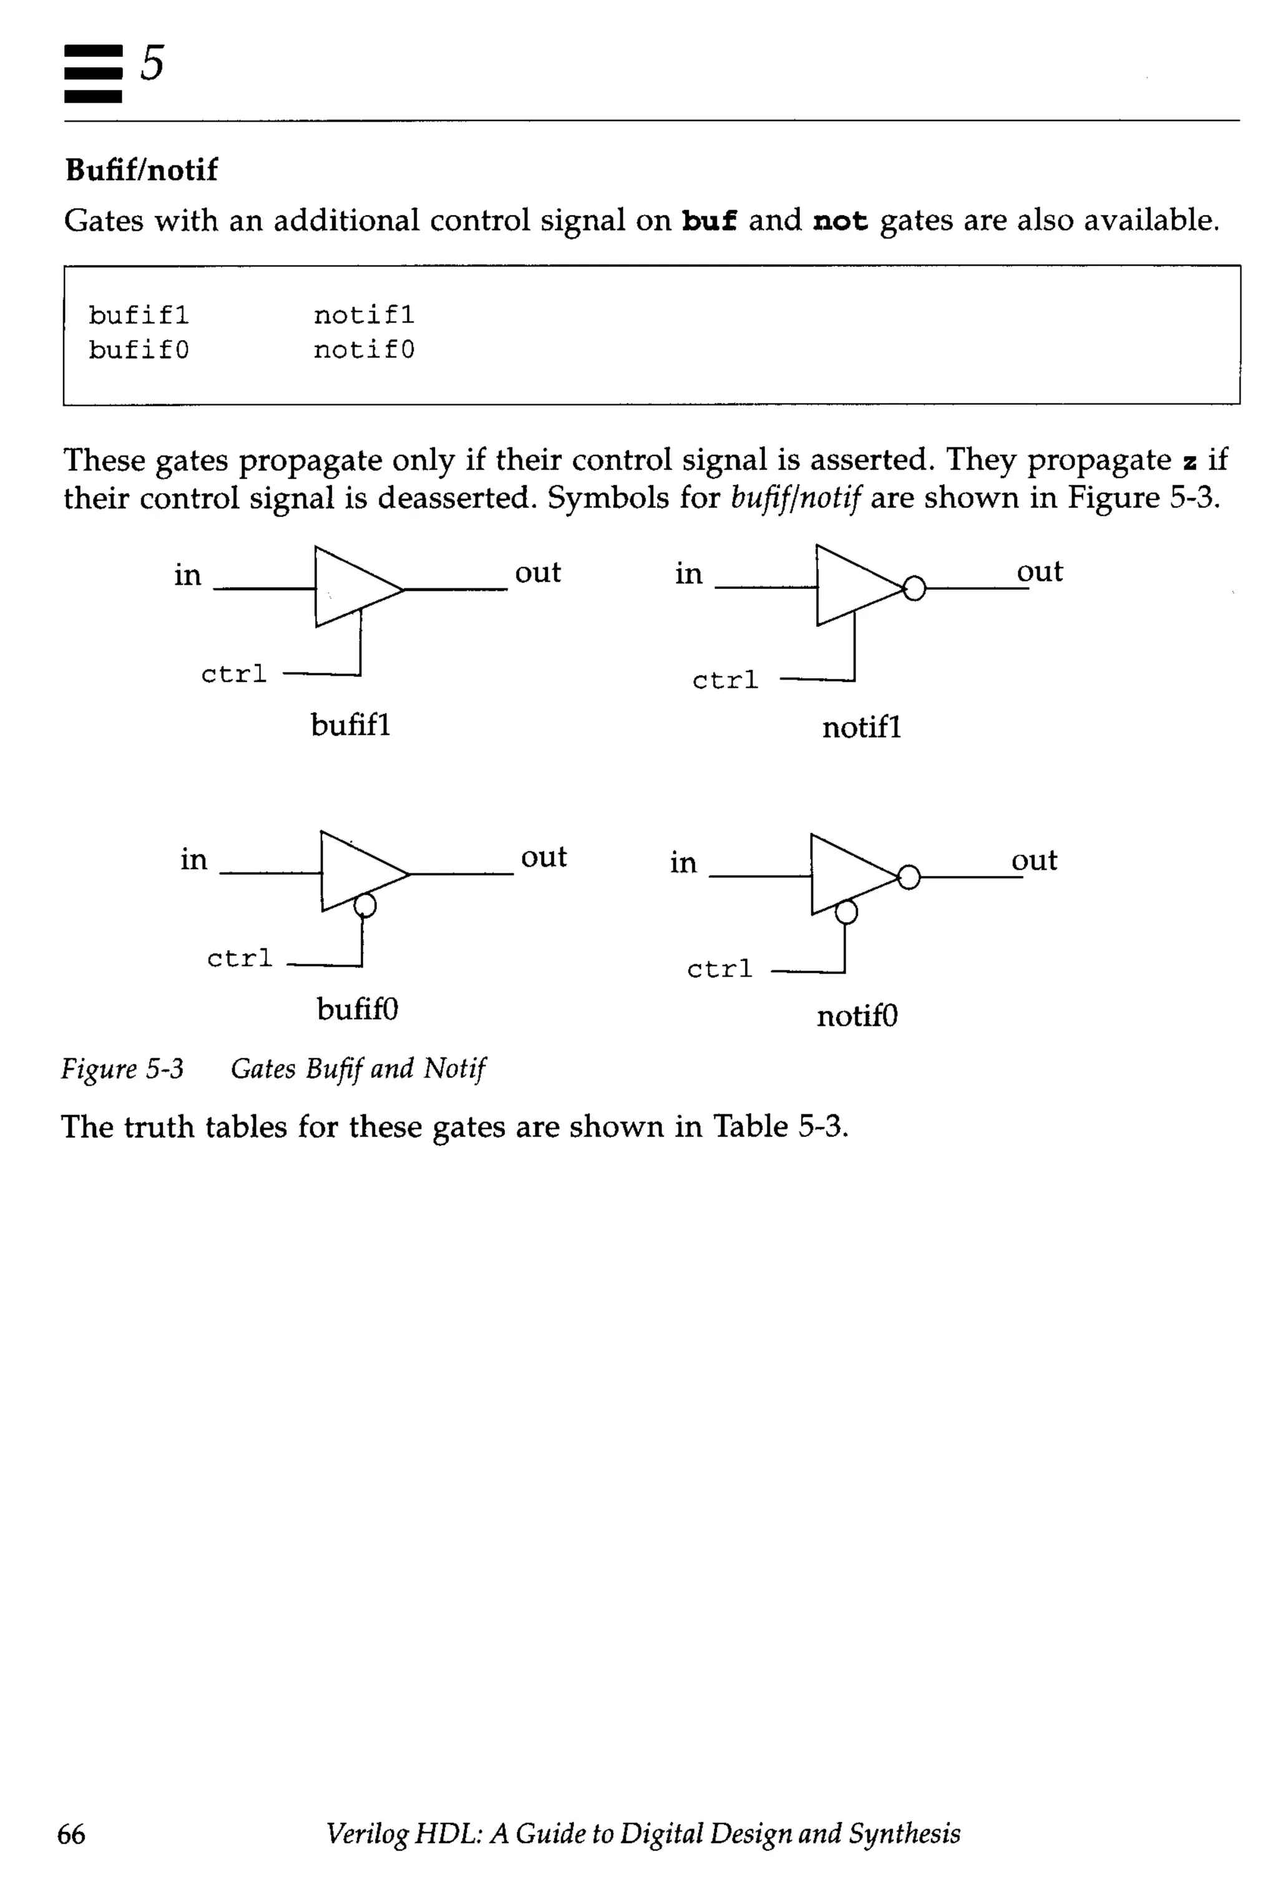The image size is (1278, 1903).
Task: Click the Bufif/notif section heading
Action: click(141, 170)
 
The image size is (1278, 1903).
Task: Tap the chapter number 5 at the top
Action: click(152, 63)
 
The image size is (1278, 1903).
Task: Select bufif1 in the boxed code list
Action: click(139, 314)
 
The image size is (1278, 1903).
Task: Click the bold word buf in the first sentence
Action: click(708, 221)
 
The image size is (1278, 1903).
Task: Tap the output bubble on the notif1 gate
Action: click(914, 588)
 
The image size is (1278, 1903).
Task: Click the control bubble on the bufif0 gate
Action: click(365, 905)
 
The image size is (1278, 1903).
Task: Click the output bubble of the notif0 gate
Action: click(909, 877)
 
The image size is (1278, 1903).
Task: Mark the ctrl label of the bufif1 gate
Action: click(234, 674)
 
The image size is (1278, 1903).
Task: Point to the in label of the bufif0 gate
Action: click(194, 859)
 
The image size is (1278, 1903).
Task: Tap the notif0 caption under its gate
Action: click(857, 1016)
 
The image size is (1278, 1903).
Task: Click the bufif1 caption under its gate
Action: click(351, 724)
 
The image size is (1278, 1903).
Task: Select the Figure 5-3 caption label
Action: click(122, 1068)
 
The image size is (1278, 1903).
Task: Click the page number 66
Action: click(71, 1834)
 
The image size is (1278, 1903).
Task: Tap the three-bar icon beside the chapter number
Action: click(93, 74)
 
